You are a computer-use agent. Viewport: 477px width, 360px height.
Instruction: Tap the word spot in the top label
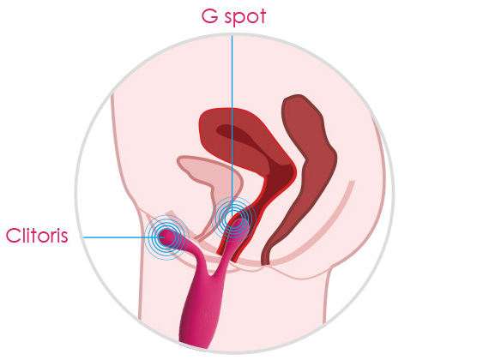point(245,18)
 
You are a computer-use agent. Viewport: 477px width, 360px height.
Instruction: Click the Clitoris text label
point(37,235)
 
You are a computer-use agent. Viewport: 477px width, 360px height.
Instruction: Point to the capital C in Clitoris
point(13,236)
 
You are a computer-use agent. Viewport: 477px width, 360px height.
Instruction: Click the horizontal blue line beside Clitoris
point(121,237)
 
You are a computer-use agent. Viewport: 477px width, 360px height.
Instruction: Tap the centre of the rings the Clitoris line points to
point(166,237)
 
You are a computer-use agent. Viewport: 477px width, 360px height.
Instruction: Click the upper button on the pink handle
point(207,310)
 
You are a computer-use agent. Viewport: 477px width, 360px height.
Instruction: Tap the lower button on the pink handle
point(206,321)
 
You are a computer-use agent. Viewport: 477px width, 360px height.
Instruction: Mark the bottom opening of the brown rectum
point(266,261)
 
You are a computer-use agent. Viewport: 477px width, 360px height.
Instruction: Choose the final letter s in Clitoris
point(63,237)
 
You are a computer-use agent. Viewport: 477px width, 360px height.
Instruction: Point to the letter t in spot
point(263,17)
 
